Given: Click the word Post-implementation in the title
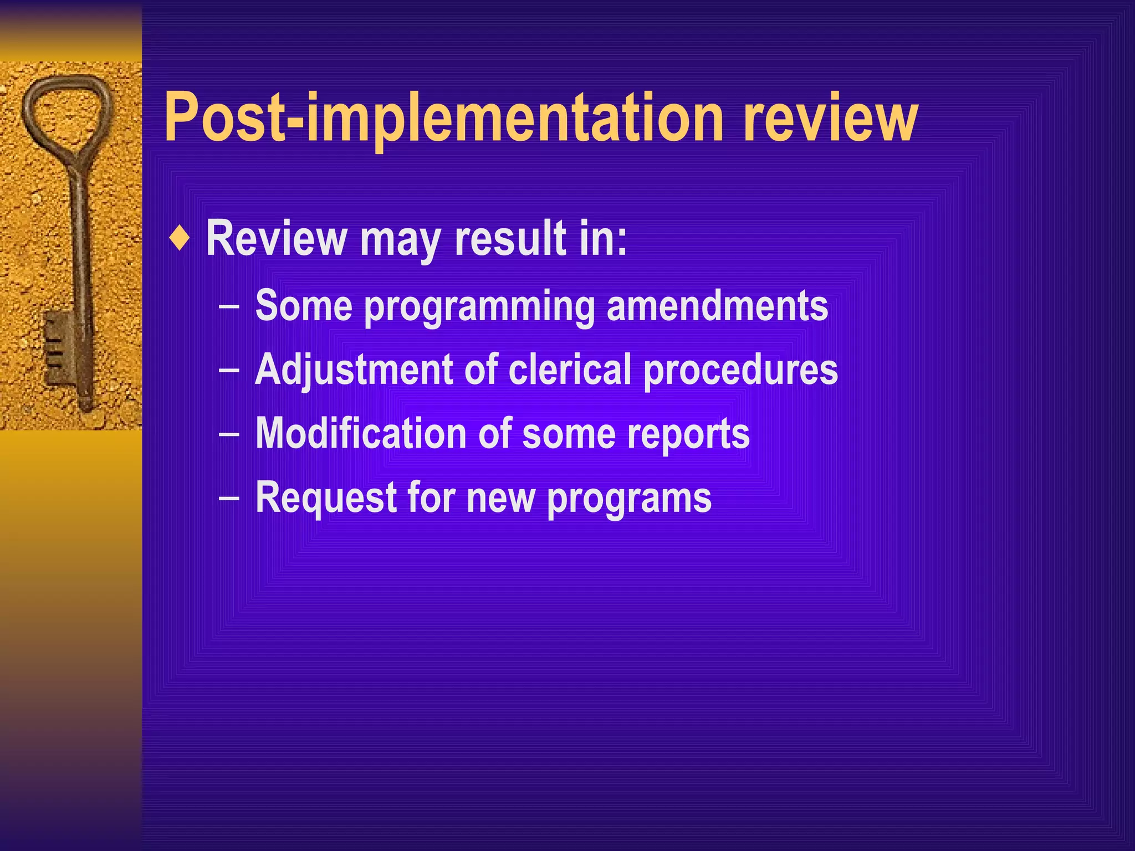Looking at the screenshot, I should point(444,118).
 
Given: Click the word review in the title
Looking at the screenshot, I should point(830,118).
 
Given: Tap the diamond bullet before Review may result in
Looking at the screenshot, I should point(180,238).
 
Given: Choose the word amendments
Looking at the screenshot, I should point(717,306).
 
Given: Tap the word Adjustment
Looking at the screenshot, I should point(354,370).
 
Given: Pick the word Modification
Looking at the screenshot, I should point(361,433).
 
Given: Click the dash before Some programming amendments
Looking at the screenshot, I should point(229,306).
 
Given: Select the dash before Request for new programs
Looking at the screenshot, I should point(229,498).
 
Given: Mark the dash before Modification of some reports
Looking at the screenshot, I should point(229,434).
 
